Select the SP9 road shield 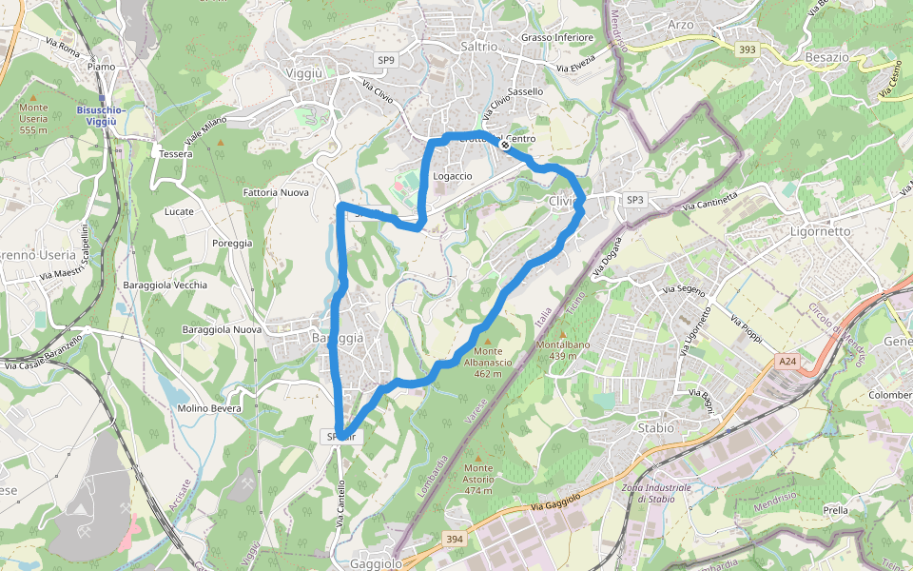point(385,60)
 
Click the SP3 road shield point(635,199)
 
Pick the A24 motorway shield point(787,362)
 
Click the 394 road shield point(455,540)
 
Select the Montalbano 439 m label point(565,349)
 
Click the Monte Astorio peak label point(479,479)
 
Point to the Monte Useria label point(33,118)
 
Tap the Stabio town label point(655,428)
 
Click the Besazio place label point(826,57)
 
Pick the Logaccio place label point(453,176)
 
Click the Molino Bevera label point(209,408)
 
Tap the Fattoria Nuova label point(276,192)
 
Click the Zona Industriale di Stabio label point(656,493)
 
